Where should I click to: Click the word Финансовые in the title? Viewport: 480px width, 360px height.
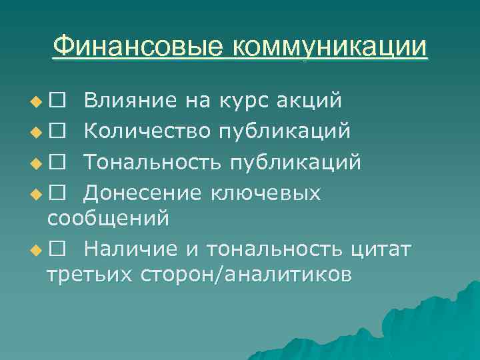[x=139, y=47]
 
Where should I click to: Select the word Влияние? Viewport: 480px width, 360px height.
[x=131, y=101]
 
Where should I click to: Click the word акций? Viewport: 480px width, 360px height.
[x=312, y=101]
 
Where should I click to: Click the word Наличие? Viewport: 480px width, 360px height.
[x=131, y=249]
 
